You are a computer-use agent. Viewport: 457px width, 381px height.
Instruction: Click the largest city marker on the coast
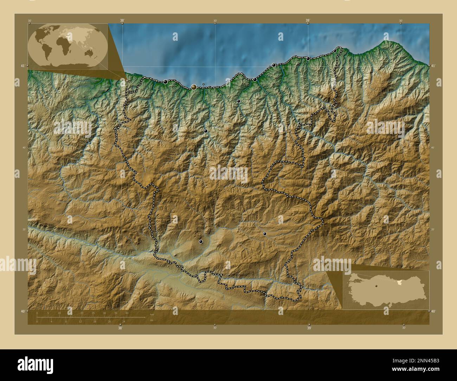point(194,87)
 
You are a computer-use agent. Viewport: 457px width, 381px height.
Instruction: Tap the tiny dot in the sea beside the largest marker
point(204,84)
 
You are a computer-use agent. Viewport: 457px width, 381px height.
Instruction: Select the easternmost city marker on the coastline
point(335,51)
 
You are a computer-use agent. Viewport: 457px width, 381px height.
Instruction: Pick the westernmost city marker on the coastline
point(165,82)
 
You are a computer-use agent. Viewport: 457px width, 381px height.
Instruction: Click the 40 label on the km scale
point(127,313)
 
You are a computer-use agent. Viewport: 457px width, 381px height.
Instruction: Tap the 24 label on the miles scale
point(124,321)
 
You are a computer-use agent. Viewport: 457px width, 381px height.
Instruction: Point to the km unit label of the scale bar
point(152,314)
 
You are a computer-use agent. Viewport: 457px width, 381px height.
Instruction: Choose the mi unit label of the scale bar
point(152,320)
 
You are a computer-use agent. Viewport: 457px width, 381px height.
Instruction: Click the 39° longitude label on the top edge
point(308,21)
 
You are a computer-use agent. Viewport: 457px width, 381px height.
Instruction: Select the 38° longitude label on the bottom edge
point(120,328)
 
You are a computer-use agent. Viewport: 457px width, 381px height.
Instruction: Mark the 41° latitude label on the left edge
point(22,66)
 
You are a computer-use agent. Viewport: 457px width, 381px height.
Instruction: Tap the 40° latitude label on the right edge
point(433,311)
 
